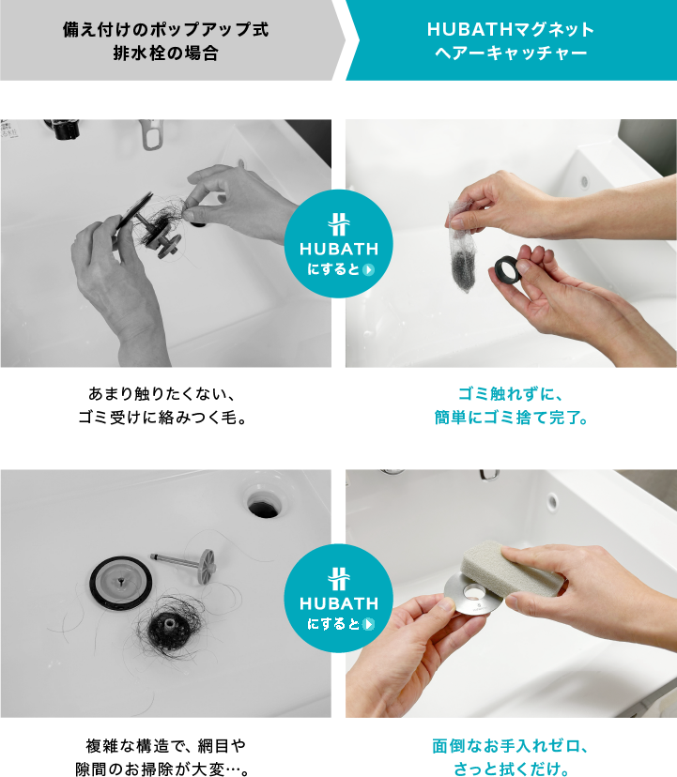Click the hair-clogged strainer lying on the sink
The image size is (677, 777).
pyautogui.click(x=170, y=628)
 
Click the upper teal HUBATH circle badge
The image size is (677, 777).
pyautogui.click(x=339, y=244)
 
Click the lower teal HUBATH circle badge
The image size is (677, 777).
pyautogui.click(x=339, y=598)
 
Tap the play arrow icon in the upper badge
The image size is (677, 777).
pyautogui.click(x=368, y=269)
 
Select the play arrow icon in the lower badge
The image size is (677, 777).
pyautogui.click(x=368, y=624)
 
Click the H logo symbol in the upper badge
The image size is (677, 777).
pyautogui.click(x=339, y=224)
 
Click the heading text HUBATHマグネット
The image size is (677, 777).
pyautogui.click(x=511, y=30)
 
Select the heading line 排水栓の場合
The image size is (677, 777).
pyautogui.click(x=165, y=53)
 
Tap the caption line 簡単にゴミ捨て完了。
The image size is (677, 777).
pyautogui.click(x=511, y=418)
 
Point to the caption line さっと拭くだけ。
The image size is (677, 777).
pyautogui.click(x=511, y=769)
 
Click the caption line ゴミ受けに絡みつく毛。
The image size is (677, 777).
pyautogui.click(x=162, y=418)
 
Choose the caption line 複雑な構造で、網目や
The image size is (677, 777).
pyautogui.click(x=165, y=745)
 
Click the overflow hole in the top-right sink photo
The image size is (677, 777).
pyautogui.click(x=585, y=181)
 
